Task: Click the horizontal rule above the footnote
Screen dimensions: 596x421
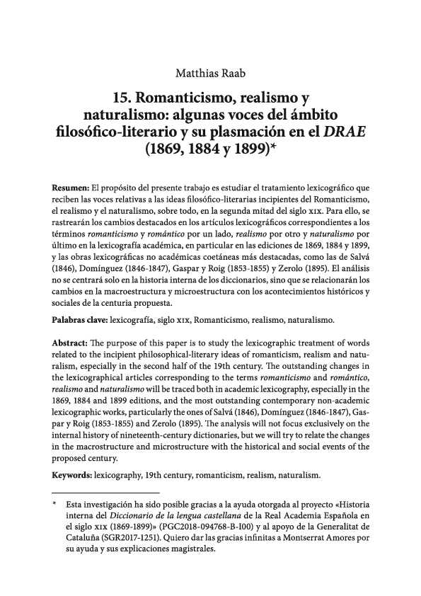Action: click(x=106, y=492)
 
